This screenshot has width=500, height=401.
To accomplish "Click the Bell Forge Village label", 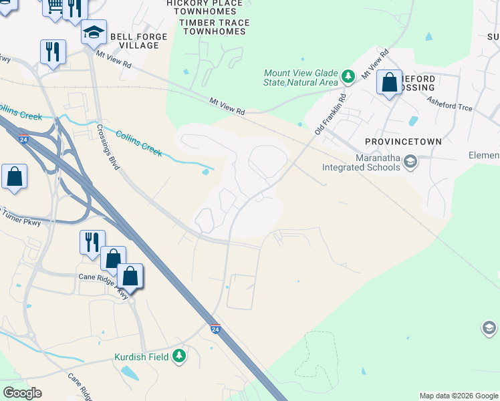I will point(134,41).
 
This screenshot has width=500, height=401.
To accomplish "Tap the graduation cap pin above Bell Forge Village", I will point(94,31).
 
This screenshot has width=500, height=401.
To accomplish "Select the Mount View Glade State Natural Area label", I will point(301,78).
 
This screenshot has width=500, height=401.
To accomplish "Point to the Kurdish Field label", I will point(141,356).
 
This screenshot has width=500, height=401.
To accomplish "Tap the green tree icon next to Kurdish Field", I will point(178,356).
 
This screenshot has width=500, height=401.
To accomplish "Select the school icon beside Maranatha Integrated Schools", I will point(410,162).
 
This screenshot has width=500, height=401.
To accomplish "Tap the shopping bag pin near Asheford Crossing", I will point(389,84).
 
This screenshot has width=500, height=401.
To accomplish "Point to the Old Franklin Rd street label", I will point(331,113).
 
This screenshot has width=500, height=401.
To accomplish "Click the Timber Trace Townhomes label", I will point(215,27).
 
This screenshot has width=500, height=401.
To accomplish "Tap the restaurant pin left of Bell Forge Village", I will point(52,51).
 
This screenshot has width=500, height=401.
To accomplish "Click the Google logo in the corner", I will point(22,393).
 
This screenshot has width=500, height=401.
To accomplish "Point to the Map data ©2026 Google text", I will point(459,396).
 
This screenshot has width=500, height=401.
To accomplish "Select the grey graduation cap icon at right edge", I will point(489,328).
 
